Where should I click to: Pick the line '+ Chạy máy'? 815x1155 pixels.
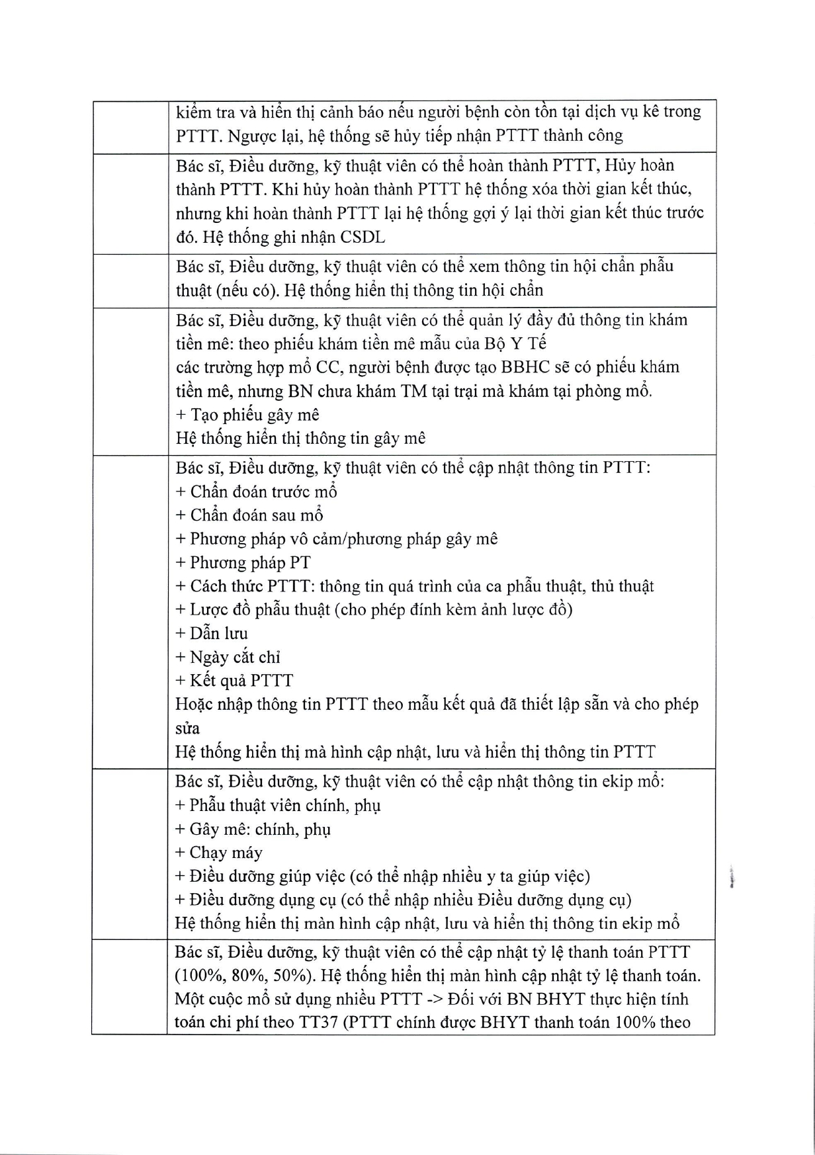coord(219,853)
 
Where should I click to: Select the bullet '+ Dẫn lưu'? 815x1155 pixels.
coord(212,633)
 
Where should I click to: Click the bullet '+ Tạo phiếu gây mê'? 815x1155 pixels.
coord(247,415)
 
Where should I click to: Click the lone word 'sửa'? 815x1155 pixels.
coord(187,728)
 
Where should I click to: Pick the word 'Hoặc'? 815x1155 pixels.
coord(193,705)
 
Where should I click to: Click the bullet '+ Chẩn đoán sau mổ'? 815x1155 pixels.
coord(249,515)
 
